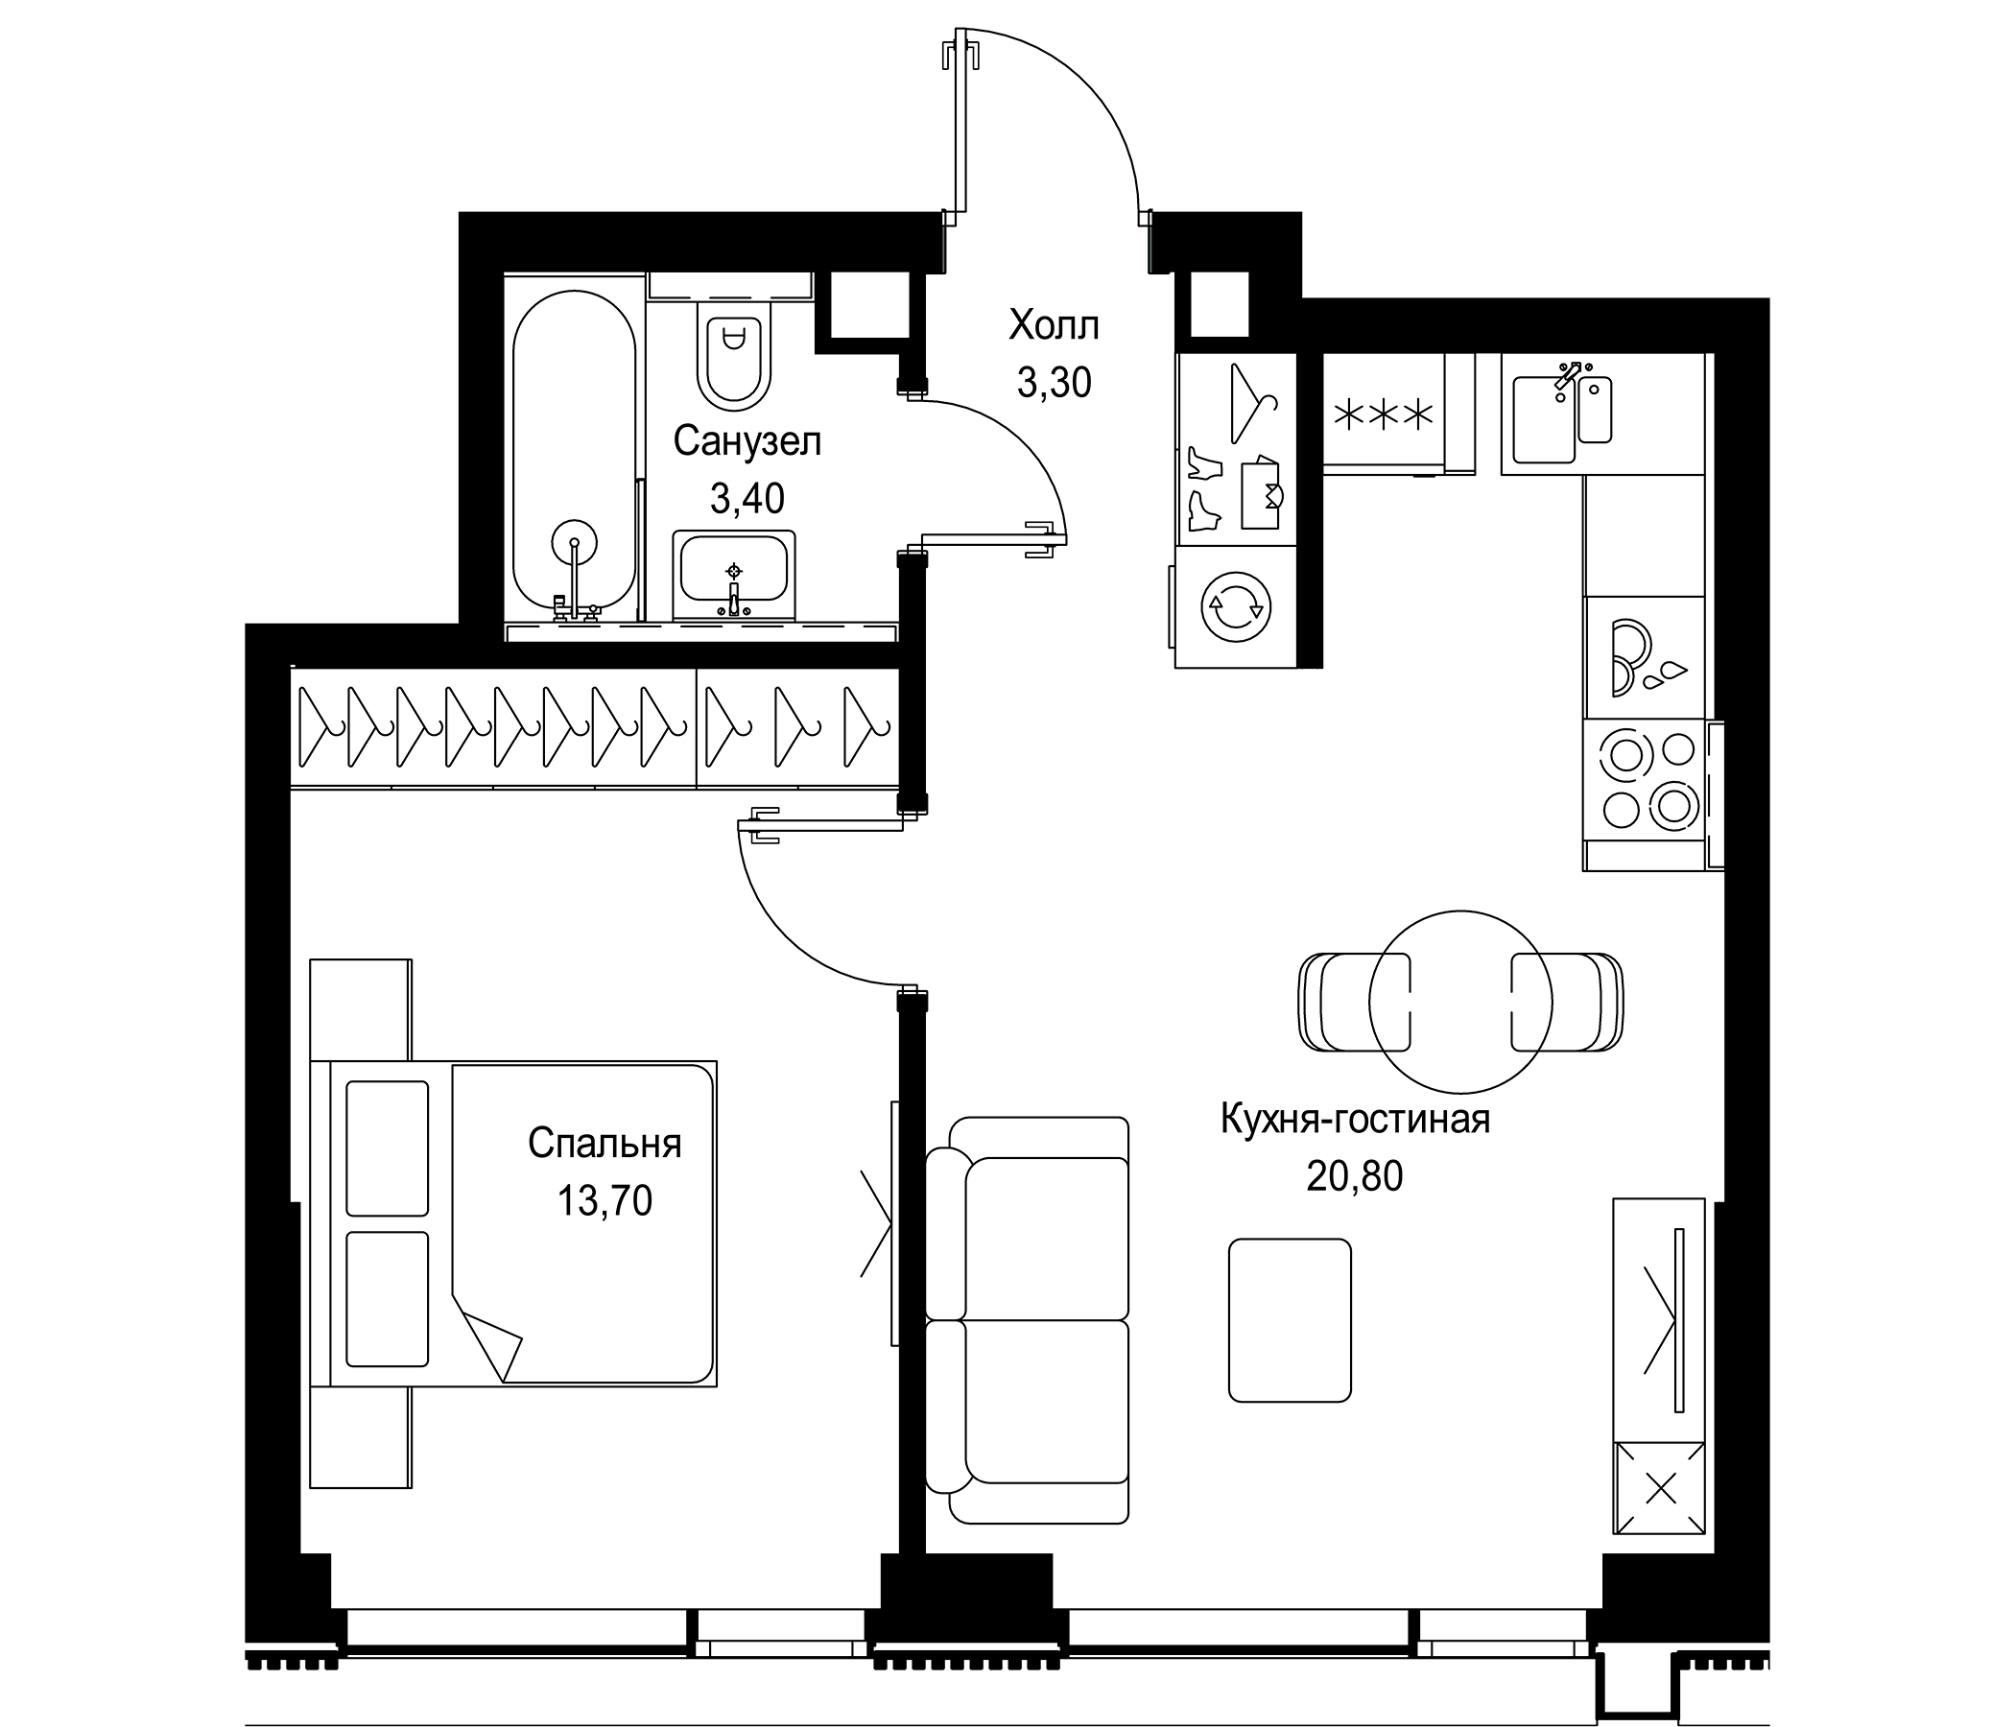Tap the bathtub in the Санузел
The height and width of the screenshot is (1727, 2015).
(574, 457)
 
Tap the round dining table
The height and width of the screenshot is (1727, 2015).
(1459, 1002)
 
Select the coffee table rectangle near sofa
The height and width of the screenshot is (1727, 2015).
(1290, 1319)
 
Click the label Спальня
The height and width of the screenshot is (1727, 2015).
(604, 1145)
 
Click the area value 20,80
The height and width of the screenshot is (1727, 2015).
(1354, 1177)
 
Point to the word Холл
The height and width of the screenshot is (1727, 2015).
(1054, 326)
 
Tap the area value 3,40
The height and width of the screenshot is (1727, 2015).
(747, 499)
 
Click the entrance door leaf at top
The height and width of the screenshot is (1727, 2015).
(960, 127)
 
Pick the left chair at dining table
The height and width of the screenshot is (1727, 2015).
(1355, 1002)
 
